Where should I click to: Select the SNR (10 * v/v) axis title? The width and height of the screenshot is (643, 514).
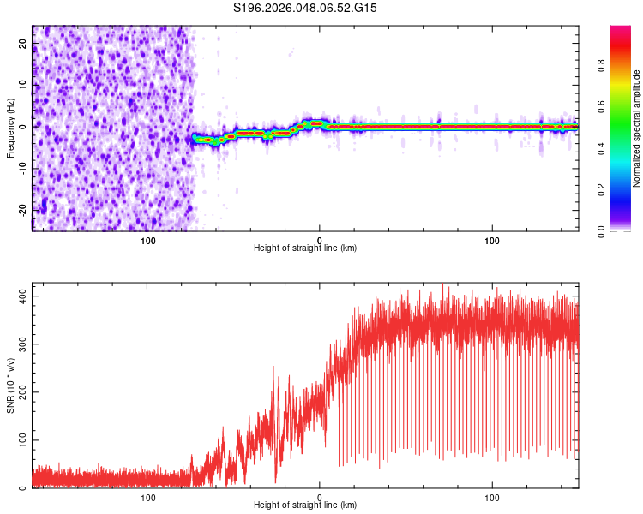click(10, 385)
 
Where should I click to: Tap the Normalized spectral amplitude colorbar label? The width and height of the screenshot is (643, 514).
click(637, 128)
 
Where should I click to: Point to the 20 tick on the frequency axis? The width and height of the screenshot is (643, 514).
click(23, 43)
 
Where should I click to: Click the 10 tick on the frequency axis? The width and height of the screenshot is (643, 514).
click(23, 85)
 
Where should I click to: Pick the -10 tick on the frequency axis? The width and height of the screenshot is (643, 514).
click(21, 168)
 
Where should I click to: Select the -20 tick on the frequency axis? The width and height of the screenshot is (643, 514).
click(21, 210)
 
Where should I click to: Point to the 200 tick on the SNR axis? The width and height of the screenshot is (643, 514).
click(20, 391)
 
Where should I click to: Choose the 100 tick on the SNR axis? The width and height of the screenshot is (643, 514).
click(20, 440)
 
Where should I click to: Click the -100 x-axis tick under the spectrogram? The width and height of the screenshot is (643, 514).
click(147, 240)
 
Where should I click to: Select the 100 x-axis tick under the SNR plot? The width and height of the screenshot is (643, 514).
click(492, 497)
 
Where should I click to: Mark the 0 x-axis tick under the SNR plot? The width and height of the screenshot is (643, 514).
click(320, 497)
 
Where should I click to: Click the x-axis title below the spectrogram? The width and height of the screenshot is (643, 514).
click(305, 248)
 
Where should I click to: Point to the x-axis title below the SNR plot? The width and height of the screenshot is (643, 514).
click(305, 505)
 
